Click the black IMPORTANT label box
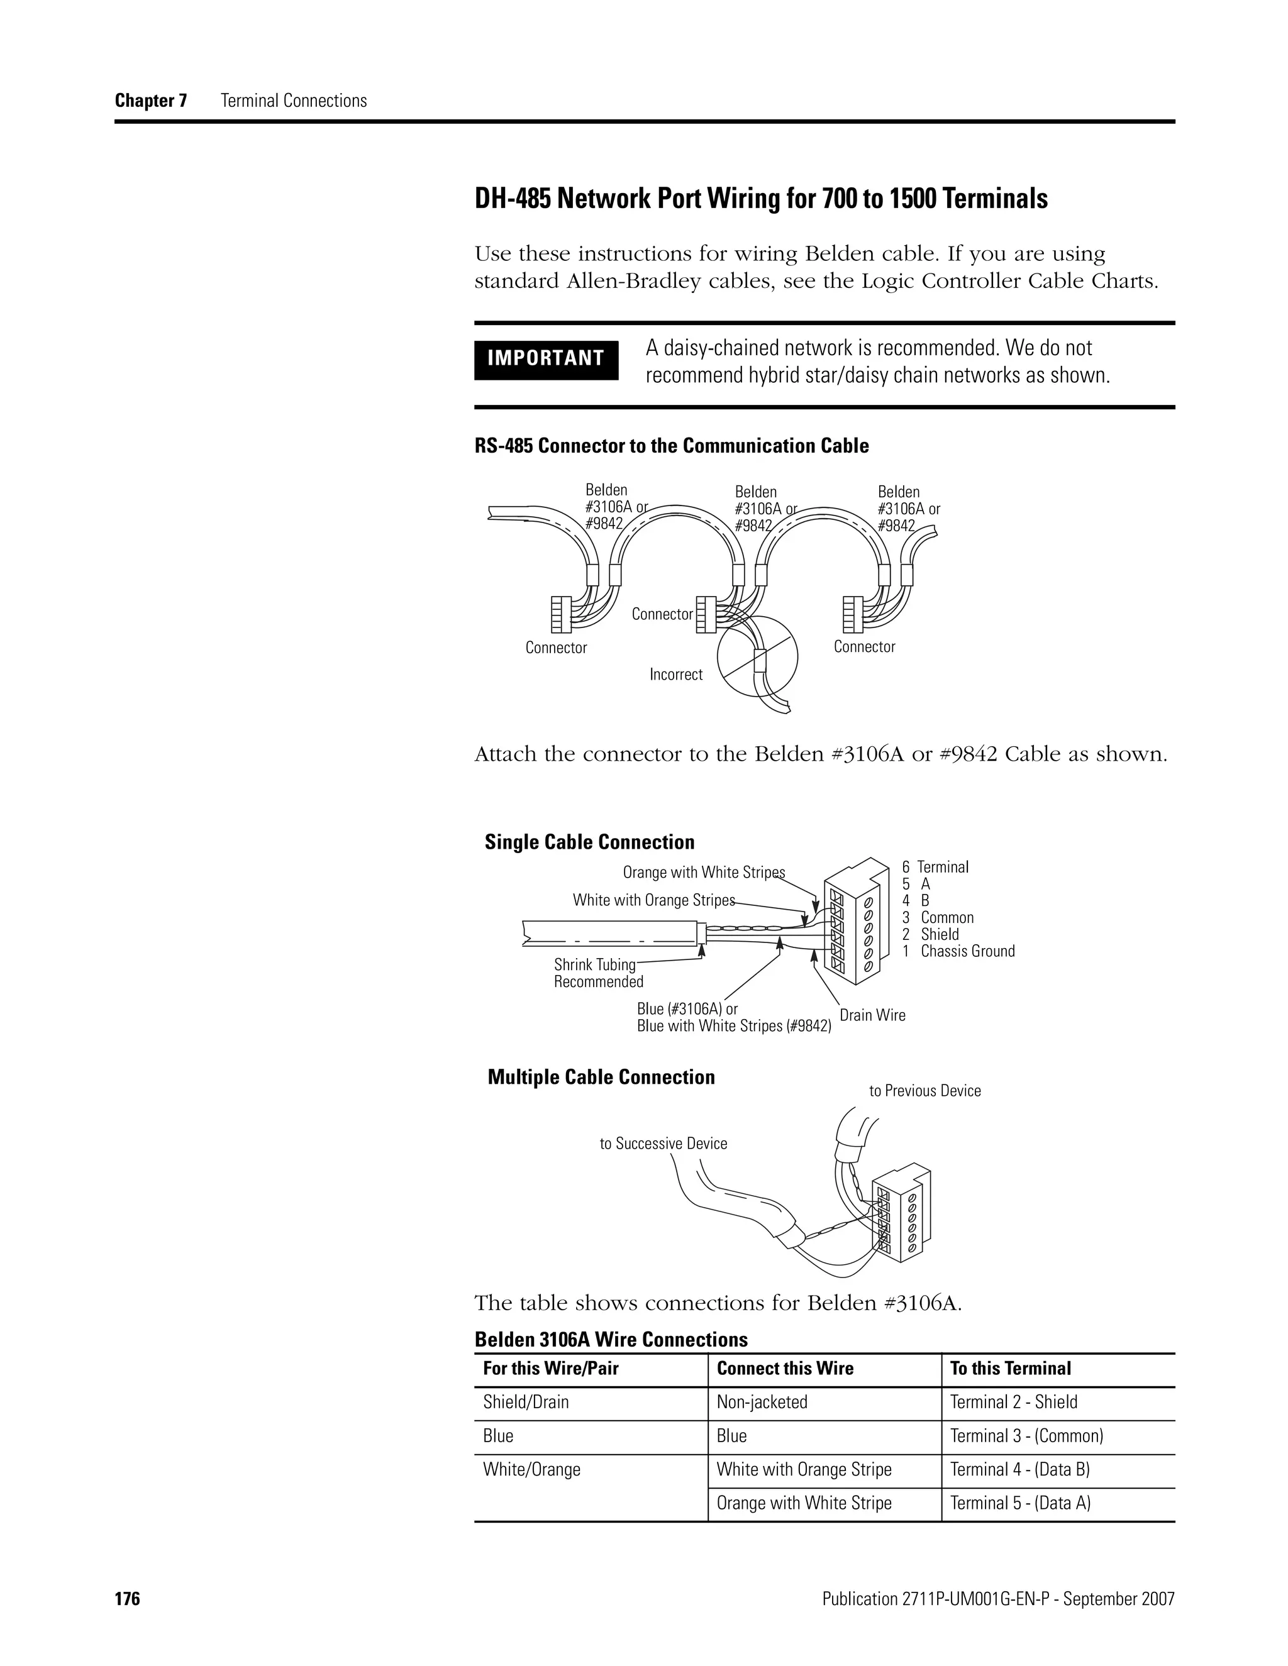coord(545,358)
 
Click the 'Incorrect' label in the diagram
coord(675,675)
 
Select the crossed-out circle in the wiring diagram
coord(757,656)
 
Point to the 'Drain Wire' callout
coord(872,1015)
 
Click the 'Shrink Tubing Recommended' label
coord(598,973)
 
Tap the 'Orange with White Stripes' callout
coord(704,873)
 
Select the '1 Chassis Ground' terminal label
coord(958,951)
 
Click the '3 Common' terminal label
coord(938,918)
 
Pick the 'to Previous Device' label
coord(924,1091)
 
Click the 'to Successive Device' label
coord(663,1144)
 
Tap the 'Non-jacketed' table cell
coord(762,1402)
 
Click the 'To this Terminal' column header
coord(1010,1369)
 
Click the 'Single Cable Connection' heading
coord(590,842)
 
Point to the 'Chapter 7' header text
coord(151,101)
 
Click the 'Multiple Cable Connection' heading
coord(601,1077)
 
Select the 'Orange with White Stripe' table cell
coord(804,1503)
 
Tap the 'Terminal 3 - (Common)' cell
coord(1026,1436)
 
